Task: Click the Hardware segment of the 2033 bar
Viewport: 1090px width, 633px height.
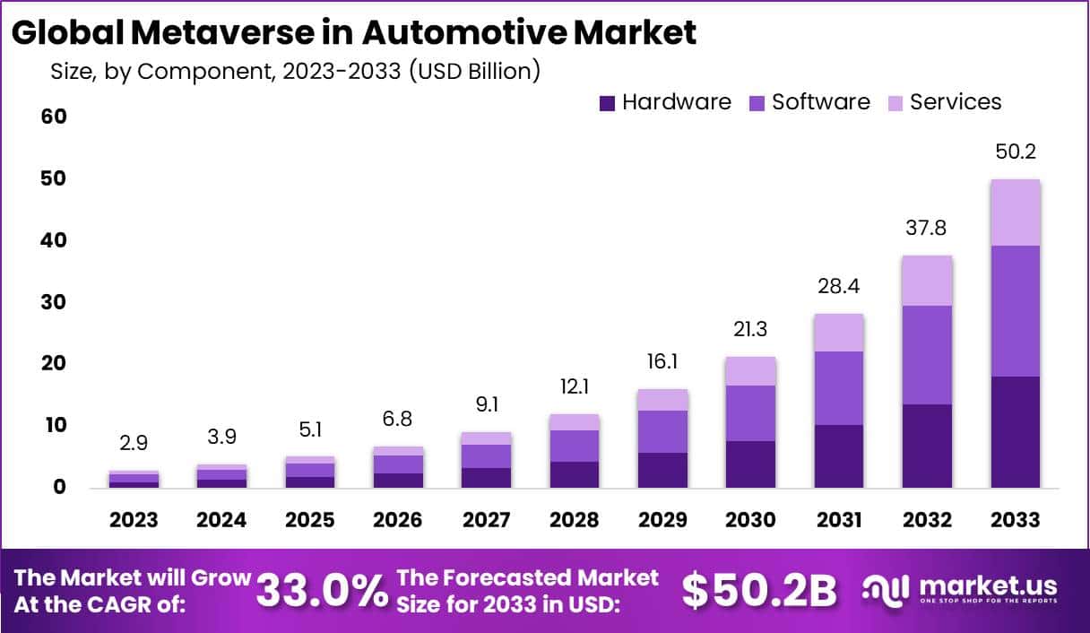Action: tap(1015, 431)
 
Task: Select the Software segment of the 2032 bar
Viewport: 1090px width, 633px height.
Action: tap(927, 354)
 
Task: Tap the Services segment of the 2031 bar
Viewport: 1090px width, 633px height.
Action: tap(839, 332)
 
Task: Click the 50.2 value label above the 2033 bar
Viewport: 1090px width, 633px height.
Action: tap(1015, 152)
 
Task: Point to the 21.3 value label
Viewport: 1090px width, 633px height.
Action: tap(750, 329)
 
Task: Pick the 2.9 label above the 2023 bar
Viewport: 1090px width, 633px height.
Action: tap(134, 444)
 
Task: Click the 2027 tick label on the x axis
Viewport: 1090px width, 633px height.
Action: tap(487, 520)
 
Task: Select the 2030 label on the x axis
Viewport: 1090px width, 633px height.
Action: tap(750, 520)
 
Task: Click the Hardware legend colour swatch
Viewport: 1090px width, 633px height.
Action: tap(608, 103)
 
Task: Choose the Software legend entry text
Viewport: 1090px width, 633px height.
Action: tap(821, 102)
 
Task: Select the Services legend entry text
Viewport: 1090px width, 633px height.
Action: tap(956, 102)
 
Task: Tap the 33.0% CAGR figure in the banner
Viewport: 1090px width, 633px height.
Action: tap(322, 590)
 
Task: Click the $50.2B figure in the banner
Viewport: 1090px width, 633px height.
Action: tap(758, 590)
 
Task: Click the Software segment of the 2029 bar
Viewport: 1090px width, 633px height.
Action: tap(662, 431)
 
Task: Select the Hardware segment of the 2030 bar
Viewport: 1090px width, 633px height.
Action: tap(750, 464)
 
